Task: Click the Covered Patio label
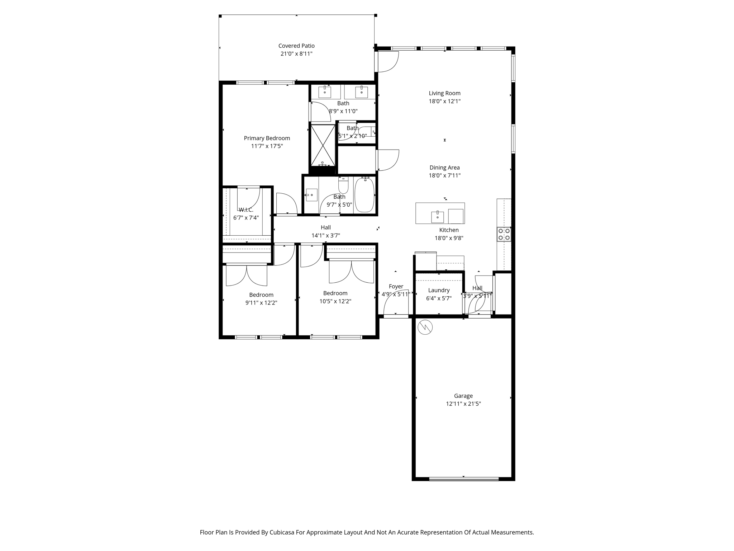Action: tap(296, 46)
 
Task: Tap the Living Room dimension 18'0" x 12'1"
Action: tap(444, 102)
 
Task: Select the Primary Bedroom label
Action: tap(267, 138)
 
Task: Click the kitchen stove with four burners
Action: tap(504, 234)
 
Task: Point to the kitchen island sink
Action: tap(437, 217)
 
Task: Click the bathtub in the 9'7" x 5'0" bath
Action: tap(364, 195)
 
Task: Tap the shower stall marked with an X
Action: tap(323, 145)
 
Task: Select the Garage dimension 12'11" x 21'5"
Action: tap(463, 404)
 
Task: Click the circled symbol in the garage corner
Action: tap(425, 327)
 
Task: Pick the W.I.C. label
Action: tap(246, 210)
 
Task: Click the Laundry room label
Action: tap(439, 290)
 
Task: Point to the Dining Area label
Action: tap(444, 168)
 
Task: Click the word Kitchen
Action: tap(449, 230)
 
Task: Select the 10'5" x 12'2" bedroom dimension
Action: tap(335, 301)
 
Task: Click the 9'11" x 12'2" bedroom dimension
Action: tap(261, 303)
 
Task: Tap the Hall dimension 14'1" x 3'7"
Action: tap(325, 236)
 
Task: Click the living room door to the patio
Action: tap(387, 62)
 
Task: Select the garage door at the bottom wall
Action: tap(463, 479)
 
